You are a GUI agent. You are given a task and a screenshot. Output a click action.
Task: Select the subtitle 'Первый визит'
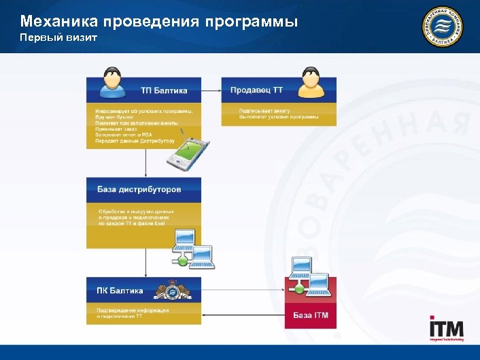(x=58, y=37)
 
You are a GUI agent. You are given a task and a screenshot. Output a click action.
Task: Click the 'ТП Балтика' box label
(x=164, y=91)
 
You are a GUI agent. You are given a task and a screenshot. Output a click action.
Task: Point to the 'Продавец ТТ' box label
(x=256, y=90)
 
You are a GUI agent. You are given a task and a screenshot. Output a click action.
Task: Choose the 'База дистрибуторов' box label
(x=139, y=189)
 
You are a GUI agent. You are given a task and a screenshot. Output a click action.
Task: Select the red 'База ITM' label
(x=311, y=315)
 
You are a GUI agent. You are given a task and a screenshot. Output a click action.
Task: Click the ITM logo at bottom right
(x=446, y=329)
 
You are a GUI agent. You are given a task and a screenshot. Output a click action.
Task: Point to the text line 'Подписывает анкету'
(x=265, y=110)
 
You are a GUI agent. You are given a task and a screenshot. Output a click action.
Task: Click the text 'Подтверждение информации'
(x=132, y=310)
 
